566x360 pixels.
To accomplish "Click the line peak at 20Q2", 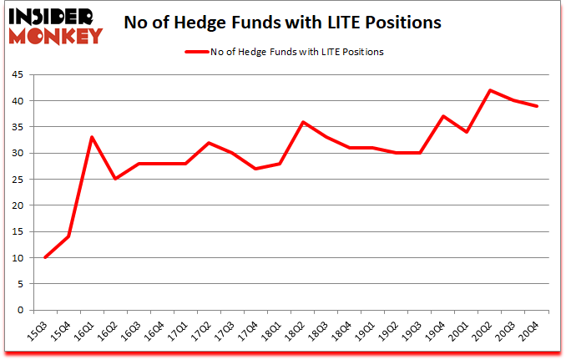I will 491,90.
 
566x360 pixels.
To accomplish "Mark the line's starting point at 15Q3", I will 44,257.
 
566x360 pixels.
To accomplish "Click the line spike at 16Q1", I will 91,137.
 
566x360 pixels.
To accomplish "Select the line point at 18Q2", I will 302,122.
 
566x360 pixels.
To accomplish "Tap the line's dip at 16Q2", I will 114,179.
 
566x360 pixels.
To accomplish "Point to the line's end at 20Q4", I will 538,106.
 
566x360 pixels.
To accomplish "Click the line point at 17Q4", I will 255,169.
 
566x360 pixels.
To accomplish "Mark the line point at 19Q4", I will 443,116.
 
